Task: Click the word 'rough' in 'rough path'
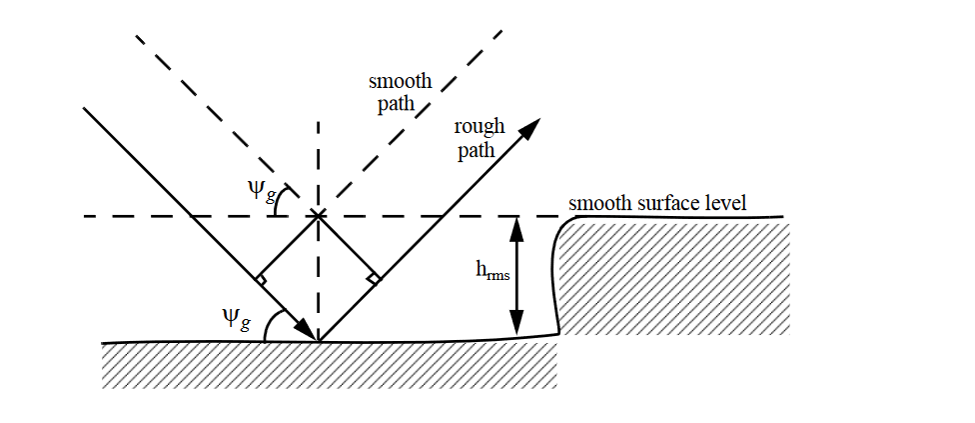[480, 127]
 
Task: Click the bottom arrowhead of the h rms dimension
[516, 325]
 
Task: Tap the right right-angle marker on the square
[374, 277]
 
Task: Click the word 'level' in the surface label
[728, 204]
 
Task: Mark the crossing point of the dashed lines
[318, 215]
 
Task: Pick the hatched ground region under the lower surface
[330, 365]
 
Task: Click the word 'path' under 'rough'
[476, 151]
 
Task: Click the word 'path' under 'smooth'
[396, 104]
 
